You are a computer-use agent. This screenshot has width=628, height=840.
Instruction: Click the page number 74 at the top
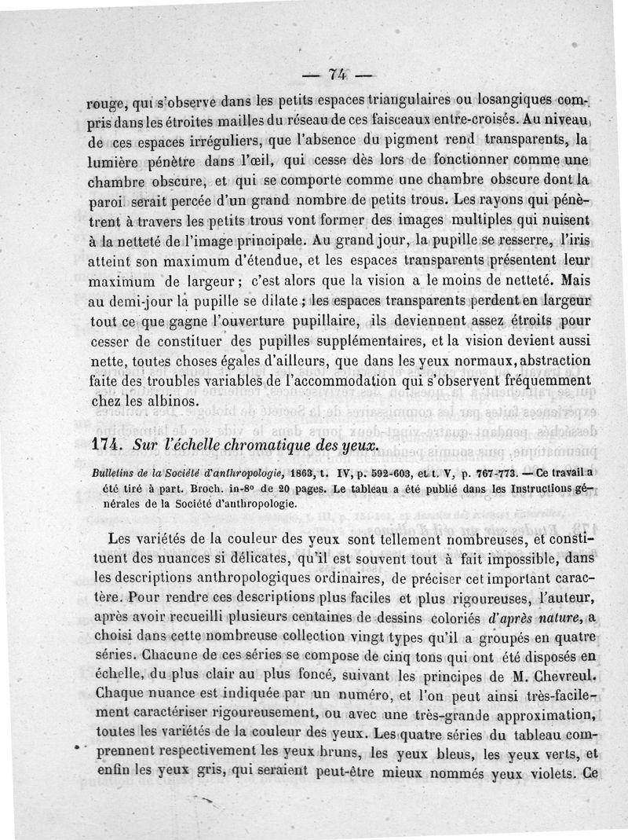(x=338, y=75)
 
